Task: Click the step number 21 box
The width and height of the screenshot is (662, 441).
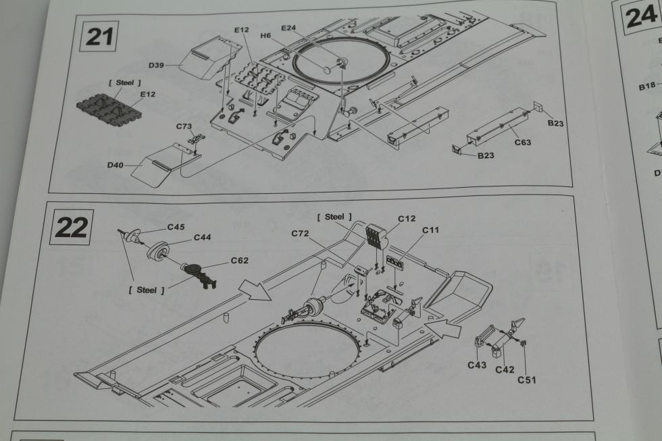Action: tap(99, 36)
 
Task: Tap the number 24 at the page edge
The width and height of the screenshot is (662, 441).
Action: tap(640, 18)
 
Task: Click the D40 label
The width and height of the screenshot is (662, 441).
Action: tap(115, 164)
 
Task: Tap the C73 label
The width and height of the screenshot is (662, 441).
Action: tap(184, 126)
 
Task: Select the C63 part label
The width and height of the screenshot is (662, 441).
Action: tap(523, 142)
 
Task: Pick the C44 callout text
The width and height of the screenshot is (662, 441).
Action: tap(203, 237)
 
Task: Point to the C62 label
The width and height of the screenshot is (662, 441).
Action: tap(239, 260)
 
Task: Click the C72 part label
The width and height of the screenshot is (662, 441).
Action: tap(301, 233)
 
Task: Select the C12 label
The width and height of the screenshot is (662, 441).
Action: tap(407, 218)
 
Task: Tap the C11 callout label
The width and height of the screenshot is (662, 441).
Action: tap(431, 230)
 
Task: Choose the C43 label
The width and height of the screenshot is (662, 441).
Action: tap(477, 365)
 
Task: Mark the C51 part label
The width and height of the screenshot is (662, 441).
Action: tap(528, 380)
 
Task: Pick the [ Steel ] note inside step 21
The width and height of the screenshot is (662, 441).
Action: tap(125, 82)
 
